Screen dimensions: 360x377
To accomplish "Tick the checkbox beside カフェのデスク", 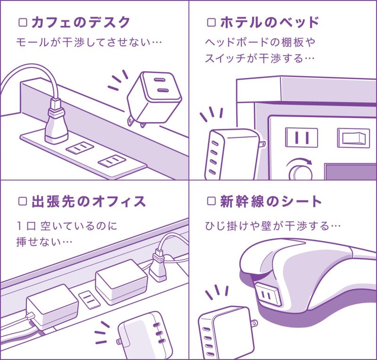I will [x=22, y=22].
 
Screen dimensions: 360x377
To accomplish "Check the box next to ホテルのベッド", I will [x=212, y=22].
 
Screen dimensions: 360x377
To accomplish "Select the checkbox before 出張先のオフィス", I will [x=22, y=202].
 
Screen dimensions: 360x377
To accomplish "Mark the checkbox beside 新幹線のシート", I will [x=212, y=202].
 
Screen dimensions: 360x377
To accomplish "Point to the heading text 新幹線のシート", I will [x=271, y=202].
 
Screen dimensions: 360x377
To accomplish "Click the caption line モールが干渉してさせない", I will [x=89, y=42].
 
